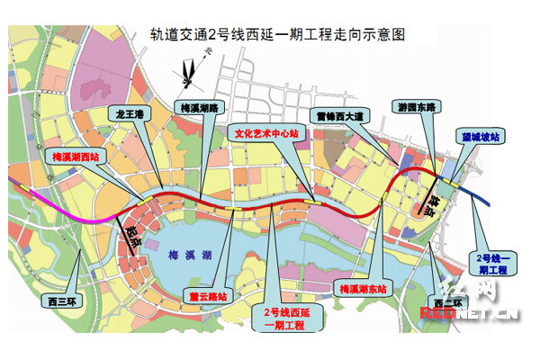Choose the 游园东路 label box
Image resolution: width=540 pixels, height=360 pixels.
pyautogui.click(x=417, y=106)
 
